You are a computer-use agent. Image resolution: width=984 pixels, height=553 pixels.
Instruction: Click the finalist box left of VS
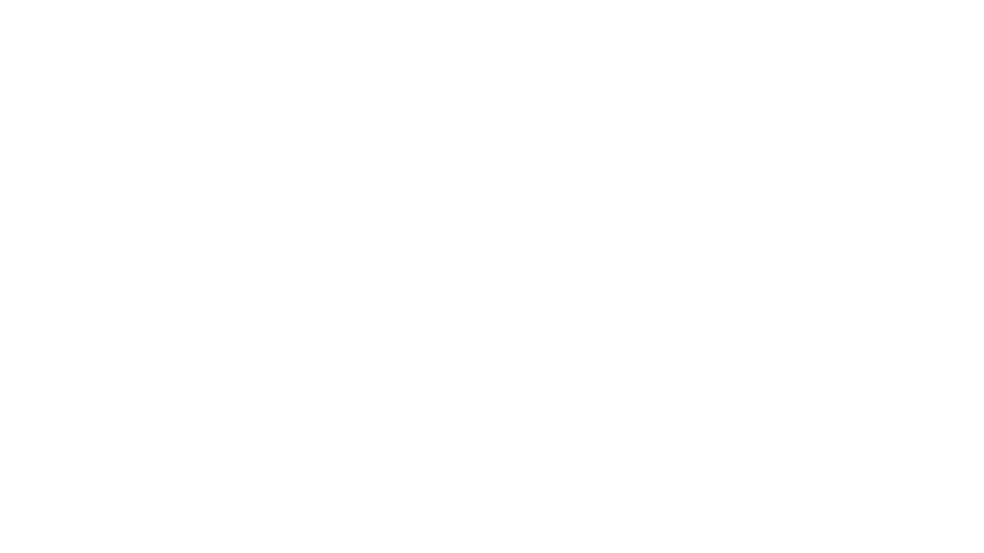418,345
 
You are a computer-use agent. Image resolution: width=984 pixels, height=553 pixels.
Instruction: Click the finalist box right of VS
567,345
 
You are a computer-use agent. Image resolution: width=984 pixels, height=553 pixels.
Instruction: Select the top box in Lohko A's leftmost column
96,215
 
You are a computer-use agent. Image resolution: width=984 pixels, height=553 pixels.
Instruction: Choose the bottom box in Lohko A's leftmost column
96,475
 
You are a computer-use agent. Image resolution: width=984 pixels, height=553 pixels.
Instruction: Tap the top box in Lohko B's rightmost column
889,215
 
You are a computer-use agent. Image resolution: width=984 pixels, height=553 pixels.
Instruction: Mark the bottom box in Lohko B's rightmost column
889,475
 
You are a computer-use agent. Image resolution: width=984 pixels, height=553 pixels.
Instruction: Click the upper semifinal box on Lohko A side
307,270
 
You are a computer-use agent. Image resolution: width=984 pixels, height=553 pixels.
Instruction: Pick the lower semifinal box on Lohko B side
679,420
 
